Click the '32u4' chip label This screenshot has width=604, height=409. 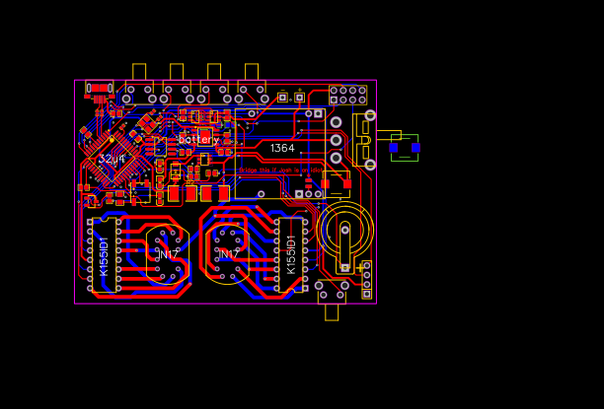point(112,159)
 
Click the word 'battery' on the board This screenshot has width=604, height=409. point(198,140)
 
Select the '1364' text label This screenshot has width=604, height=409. point(282,148)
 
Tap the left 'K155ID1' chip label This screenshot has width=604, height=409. point(104,255)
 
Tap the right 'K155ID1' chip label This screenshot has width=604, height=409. point(291,254)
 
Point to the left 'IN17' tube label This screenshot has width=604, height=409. point(168,254)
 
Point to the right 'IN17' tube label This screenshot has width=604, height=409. point(229,254)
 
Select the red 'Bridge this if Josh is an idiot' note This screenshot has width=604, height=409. point(279,170)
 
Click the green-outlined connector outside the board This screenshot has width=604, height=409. point(405,147)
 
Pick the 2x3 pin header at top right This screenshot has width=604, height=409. point(347,95)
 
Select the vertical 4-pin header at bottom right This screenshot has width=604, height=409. point(366,279)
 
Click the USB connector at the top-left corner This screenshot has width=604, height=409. point(99,89)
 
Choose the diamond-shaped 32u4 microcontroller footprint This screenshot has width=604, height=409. point(112,153)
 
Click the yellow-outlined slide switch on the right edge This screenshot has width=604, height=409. point(363,138)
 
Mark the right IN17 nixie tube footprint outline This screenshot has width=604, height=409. point(229,249)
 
